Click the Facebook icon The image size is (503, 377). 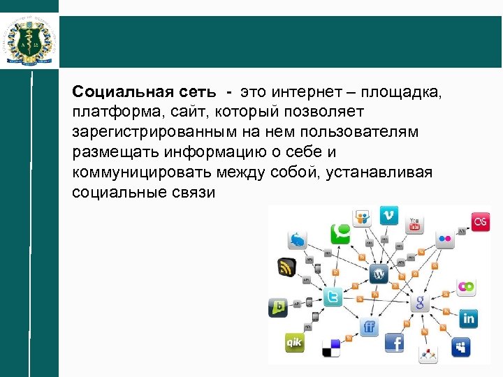[394, 343]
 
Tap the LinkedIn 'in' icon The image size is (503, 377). [467, 318]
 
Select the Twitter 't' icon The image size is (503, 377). [333, 297]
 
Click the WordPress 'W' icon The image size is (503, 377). [379, 273]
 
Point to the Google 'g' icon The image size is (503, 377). [420, 302]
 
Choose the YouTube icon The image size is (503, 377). [415, 225]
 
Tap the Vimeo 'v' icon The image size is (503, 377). [388, 215]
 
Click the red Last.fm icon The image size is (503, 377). [480, 221]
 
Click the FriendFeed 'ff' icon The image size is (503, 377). [369, 327]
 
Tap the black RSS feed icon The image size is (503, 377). [287, 267]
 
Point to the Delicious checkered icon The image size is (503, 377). [330, 347]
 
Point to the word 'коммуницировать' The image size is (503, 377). [129, 172]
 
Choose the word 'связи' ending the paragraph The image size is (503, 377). [198, 192]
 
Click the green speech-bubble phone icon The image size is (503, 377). [340, 233]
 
